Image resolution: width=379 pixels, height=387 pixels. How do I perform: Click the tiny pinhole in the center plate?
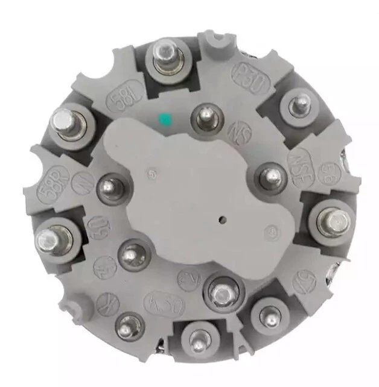[222, 220]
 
